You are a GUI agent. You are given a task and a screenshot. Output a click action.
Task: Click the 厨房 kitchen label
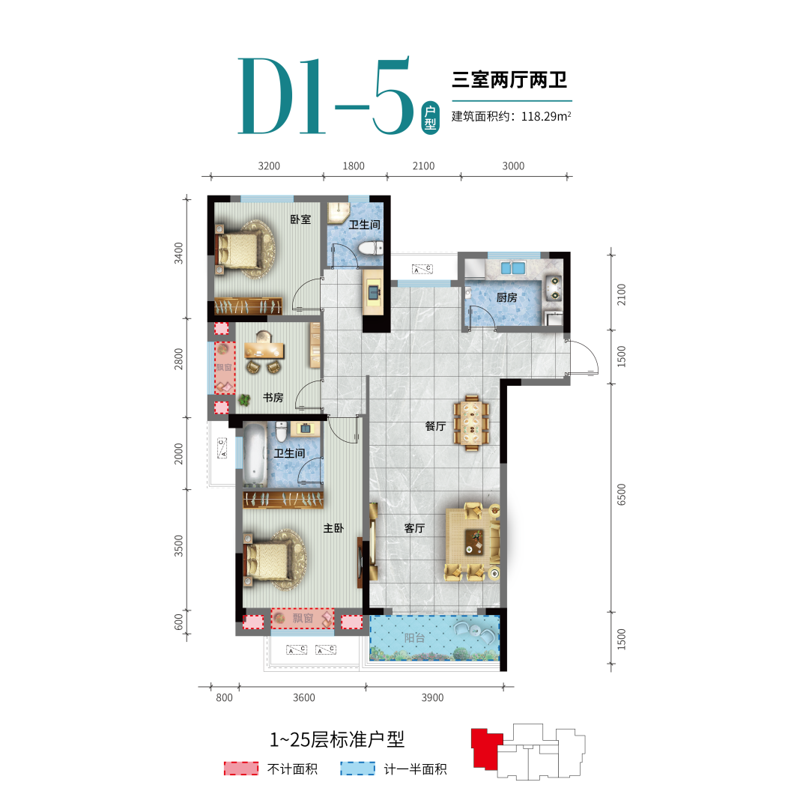tap(506, 297)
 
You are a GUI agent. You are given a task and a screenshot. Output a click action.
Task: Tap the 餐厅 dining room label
tap(435, 426)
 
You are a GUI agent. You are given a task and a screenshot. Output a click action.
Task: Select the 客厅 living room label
tap(415, 528)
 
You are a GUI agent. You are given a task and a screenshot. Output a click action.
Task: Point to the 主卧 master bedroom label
tap(333, 528)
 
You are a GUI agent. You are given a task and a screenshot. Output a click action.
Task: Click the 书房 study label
tap(273, 398)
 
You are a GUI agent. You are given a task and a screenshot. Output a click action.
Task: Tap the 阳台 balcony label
tap(415, 638)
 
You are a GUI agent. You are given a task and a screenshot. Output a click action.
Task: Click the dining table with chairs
tap(471, 423)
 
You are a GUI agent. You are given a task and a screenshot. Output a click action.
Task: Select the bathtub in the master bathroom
tap(255, 454)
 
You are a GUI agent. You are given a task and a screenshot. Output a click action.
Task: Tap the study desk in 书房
tap(264, 351)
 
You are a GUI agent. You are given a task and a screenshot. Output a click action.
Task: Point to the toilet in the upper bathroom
tap(371, 248)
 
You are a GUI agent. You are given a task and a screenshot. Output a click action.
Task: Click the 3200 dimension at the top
tap(269, 166)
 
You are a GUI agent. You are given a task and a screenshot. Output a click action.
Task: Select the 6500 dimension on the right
tap(621, 495)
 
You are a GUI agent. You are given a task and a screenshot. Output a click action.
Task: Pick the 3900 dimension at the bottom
tap(432, 697)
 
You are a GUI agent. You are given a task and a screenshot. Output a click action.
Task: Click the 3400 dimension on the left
tap(178, 253)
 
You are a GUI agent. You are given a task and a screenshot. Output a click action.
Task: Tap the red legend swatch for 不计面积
tap(241, 769)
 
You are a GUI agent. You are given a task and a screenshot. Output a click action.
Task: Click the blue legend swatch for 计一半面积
tap(357, 769)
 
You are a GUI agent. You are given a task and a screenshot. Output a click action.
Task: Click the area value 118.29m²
tap(546, 116)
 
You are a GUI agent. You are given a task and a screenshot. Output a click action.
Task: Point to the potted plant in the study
tap(244, 399)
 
